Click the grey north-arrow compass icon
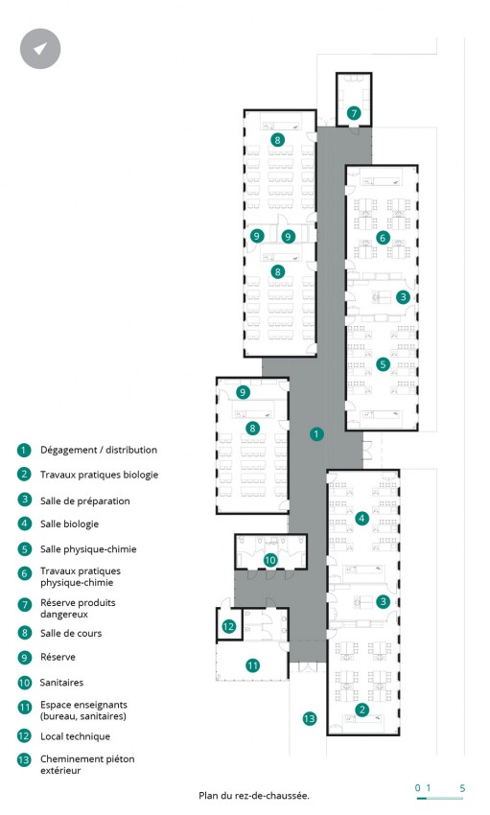[x=40, y=49]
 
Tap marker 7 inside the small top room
[x=354, y=113]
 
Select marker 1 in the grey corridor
[x=315, y=434]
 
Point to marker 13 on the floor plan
[x=309, y=719]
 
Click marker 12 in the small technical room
[x=228, y=626]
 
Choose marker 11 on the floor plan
[x=252, y=665]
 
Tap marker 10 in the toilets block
[x=270, y=560]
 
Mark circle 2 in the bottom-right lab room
[x=362, y=710]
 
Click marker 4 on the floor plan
[x=362, y=518]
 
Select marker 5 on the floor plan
[x=383, y=363]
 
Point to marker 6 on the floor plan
[x=383, y=238]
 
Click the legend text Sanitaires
[x=61, y=683]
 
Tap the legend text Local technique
[x=76, y=736]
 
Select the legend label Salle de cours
[x=71, y=633]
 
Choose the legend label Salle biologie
[x=70, y=524]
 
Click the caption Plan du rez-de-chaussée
[x=254, y=795]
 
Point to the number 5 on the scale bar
[x=462, y=788]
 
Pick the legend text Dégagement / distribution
[x=99, y=450]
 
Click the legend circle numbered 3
[x=24, y=500]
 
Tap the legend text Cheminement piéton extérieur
[x=87, y=764]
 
